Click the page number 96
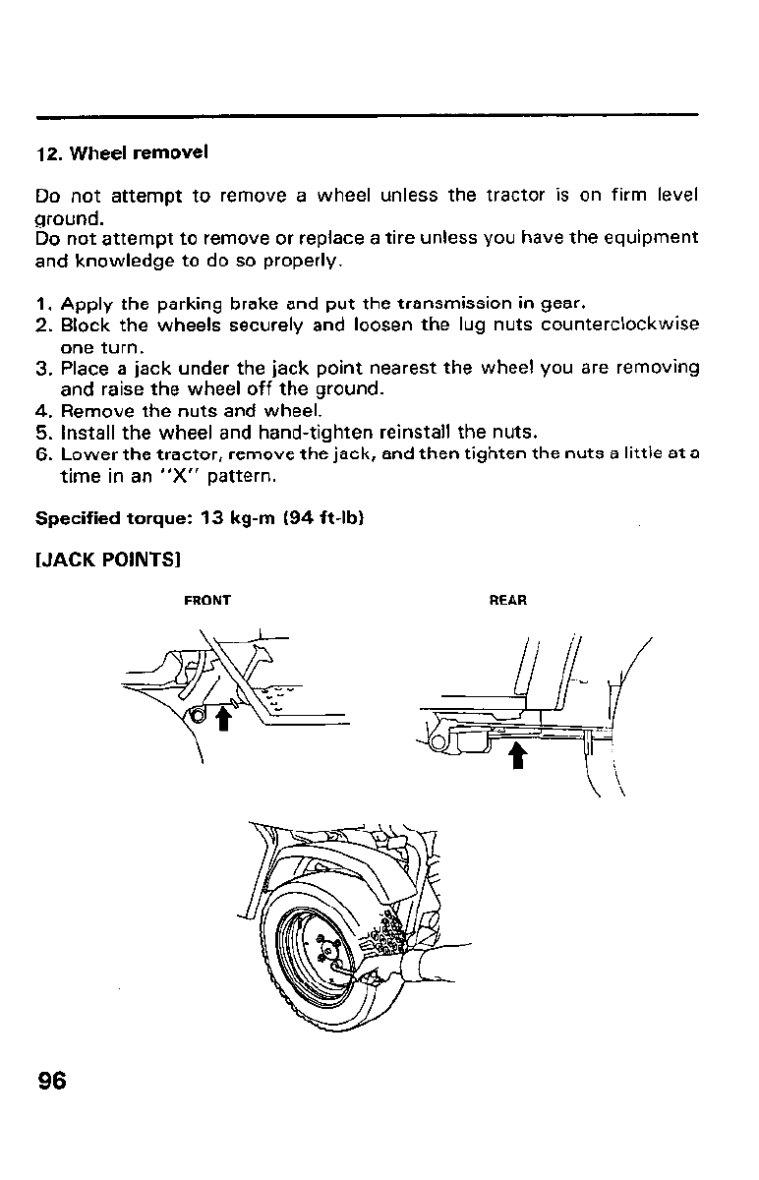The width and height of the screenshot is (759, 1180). click(x=52, y=1081)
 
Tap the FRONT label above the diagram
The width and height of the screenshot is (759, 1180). click(x=207, y=600)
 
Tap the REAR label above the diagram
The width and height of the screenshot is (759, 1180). click(x=508, y=600)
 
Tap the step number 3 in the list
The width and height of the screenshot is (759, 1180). click(x=42, y=369)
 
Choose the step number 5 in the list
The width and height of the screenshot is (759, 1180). click(x=42, y=432)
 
